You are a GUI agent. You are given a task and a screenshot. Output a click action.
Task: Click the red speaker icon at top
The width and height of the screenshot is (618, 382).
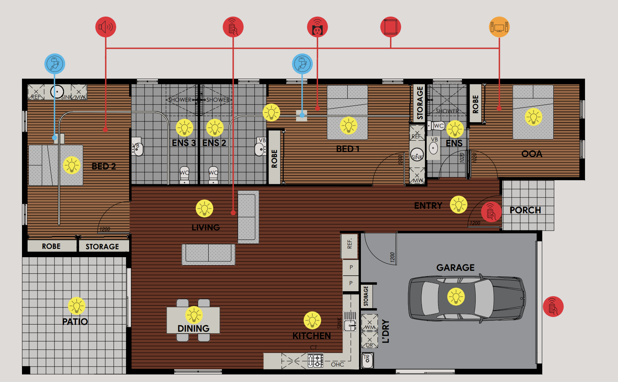[x=106, y=27]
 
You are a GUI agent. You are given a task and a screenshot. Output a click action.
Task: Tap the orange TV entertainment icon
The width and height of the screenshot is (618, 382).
[x=499, y=27]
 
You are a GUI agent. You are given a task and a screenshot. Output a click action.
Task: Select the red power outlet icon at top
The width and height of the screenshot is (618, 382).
[x=317, y=27]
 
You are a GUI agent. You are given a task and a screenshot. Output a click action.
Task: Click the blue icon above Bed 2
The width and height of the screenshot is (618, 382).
[x=55, y=64]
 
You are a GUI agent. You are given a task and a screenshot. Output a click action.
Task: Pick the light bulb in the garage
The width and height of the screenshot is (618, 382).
[x=456, y=296]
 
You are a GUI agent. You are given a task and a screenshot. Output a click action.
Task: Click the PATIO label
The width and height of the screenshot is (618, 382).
[x=75, y=322]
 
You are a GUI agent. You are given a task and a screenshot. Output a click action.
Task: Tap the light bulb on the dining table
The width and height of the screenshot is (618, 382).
[x=194, y=315]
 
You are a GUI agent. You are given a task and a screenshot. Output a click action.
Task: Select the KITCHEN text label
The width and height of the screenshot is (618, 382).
[x=312, y=336]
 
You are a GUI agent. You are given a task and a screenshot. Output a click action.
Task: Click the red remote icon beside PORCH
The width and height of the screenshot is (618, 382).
[x=491, y=212]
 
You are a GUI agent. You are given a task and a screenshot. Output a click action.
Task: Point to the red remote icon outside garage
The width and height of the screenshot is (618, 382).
[x=553, y=306]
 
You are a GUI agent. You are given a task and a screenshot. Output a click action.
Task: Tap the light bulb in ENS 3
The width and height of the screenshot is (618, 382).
[x=184, y=128]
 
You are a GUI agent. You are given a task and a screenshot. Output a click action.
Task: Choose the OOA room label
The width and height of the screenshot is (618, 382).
[x=532, y=154]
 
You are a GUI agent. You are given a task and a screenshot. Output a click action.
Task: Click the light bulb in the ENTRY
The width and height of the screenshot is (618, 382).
[x=459, y=205]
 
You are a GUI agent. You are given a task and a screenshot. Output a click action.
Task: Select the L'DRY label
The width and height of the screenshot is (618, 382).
[x=386, y=331]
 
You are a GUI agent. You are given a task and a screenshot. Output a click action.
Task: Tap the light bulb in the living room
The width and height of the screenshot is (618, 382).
[x=204, y=208]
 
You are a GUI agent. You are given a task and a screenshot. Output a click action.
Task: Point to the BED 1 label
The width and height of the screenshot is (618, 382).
[x=347, y=149]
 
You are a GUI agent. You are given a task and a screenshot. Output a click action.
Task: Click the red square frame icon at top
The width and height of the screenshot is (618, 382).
[x=390, y=27]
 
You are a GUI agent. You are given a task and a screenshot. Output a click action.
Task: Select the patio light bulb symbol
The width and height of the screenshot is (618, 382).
[x=76, y=306]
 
